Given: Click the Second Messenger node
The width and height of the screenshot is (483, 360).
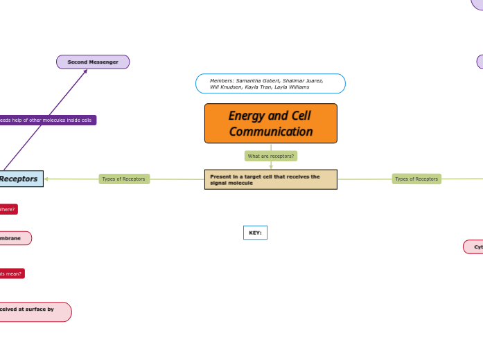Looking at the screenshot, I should [93, 62].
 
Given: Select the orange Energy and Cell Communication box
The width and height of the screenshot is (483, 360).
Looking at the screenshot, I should [270, 123].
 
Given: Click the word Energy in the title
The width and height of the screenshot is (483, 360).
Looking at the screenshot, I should [248, 116].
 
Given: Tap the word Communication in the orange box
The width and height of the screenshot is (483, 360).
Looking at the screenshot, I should [271, 132].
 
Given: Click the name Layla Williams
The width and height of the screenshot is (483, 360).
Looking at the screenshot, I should [292, 87].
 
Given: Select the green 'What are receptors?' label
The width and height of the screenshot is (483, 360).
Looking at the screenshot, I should [270, 156].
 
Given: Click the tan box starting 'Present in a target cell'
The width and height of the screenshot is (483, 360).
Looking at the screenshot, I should [270, 179].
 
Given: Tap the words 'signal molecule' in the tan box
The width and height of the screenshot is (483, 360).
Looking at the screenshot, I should [231, 183].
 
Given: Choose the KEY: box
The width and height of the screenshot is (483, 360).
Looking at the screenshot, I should [255, 233].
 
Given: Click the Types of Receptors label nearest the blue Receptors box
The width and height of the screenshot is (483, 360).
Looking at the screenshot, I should [124, 179].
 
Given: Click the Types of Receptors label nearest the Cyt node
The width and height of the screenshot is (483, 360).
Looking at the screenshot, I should [416, 179].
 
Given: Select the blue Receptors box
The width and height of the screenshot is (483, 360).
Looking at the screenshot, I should [21, 179].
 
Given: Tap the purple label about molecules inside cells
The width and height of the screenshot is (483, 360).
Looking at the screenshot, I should [47, 120].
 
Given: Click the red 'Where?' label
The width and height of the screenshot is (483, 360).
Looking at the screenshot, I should [8, 209].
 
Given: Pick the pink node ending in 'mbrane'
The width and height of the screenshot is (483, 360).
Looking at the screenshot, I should [14, 238].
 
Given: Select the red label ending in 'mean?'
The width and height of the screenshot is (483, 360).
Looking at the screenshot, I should [11, 273].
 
